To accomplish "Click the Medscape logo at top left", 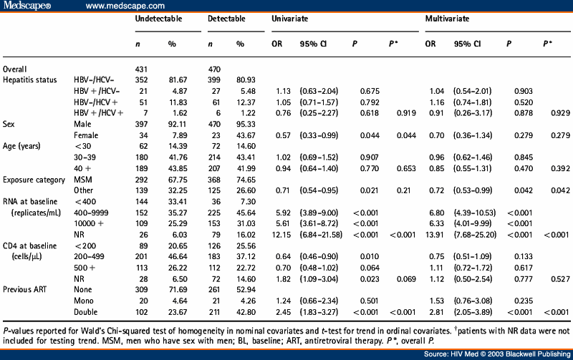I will point(27,6).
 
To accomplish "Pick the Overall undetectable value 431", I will point(142,68).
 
